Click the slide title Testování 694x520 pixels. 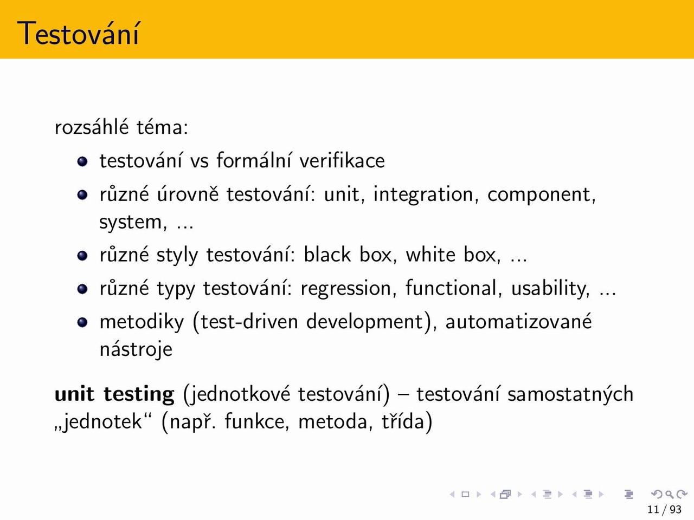click(x=78, y=33)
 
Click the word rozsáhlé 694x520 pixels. click(x=92, y=127)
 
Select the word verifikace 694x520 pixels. click(x=342, y=160)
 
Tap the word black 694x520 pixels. click(x=327, y=254)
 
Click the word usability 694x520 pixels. click(x=550, y=288)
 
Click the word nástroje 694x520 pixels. click(x=136, y=349)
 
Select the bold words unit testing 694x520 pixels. click(x=114, y=394)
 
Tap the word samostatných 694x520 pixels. click(x=570, y=394)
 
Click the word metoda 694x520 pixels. click(x=333, y=421)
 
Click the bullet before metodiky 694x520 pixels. click(x=82, y=322)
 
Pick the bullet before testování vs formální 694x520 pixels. click(x=82, y=161)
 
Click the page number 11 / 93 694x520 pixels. click(x=664, y=510)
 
